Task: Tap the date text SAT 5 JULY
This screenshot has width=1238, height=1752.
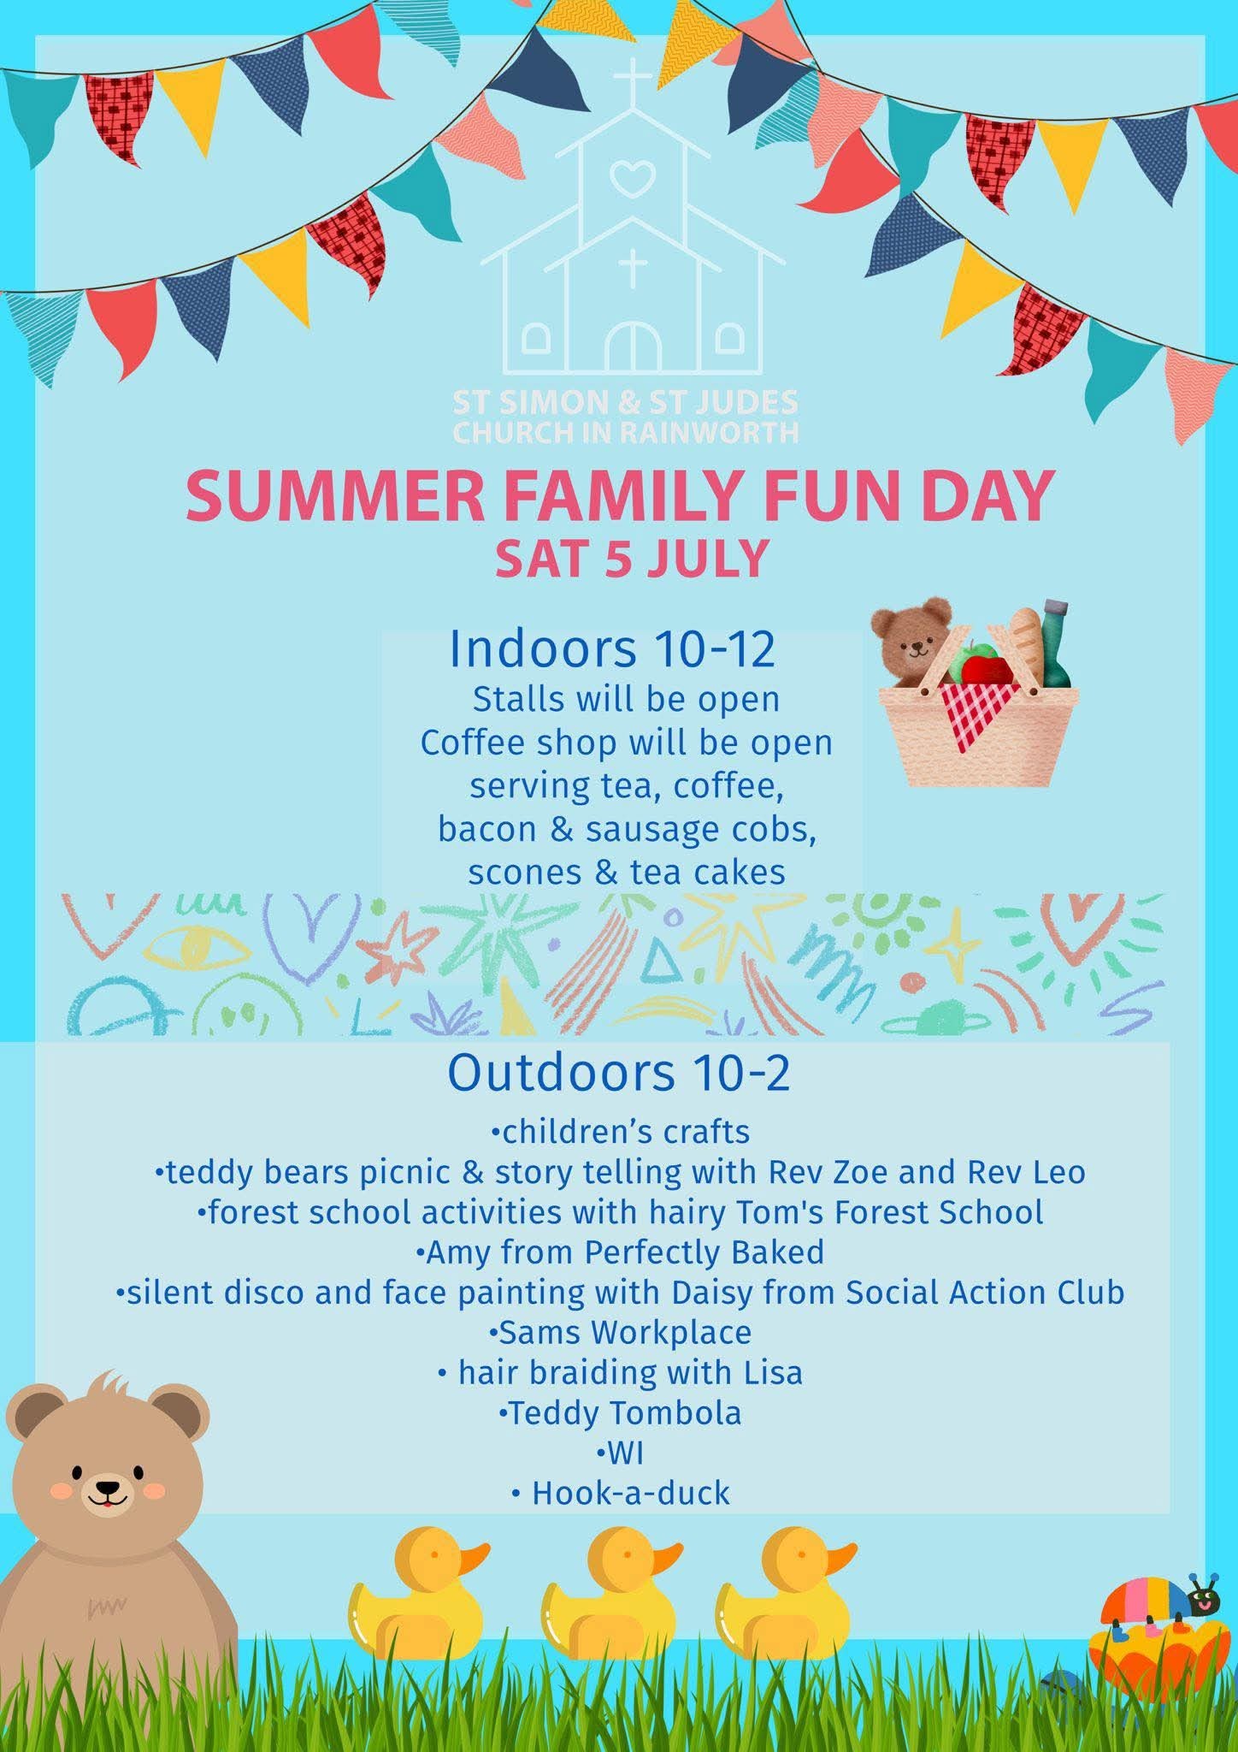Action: pos(632,559)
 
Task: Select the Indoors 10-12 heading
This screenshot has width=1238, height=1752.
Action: pos(612,648)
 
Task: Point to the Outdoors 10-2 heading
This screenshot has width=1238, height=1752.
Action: pos(618,1072)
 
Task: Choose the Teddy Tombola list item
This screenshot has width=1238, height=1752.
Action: pos(620,1412)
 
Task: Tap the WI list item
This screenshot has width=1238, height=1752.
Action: pos(620,1453)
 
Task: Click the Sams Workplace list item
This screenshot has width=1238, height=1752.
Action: pos(620,1332)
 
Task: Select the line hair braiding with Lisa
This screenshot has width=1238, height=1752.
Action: pos(620,1372)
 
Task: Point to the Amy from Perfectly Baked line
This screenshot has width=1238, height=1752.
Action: pos(620,1252)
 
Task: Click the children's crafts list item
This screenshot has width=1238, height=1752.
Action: pos(620,1131)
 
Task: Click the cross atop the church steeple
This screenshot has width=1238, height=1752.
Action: pos(633,83)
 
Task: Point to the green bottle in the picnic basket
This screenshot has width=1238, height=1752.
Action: pos(1055,646)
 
